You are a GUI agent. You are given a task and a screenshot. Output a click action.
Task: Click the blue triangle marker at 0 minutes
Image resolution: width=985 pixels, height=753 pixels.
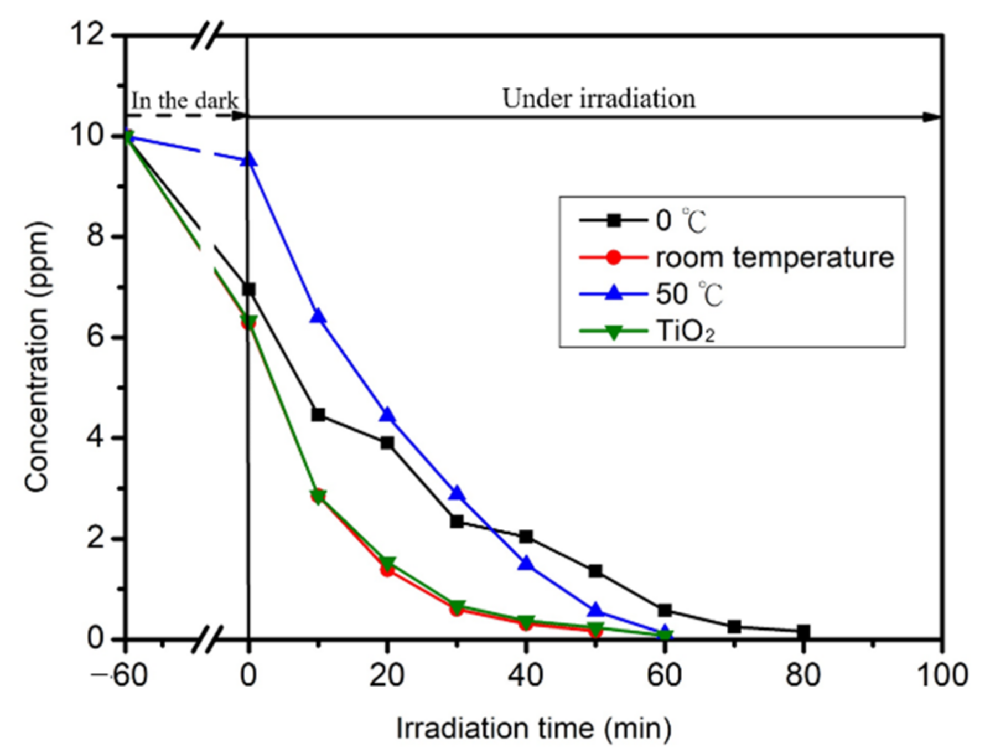coord(249,159)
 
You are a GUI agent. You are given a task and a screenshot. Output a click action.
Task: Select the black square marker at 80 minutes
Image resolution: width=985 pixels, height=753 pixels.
coord(803,631)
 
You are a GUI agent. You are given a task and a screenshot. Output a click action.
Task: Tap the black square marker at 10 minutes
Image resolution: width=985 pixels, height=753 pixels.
coord(318,415)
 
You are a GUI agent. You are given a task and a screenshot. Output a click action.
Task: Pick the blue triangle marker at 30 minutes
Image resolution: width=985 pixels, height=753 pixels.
coord(457,493)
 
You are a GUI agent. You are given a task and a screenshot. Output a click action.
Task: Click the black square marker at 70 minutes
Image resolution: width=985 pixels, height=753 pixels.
coord(734,627)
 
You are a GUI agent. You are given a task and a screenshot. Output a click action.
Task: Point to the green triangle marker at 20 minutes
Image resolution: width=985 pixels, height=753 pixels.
coord(387,564)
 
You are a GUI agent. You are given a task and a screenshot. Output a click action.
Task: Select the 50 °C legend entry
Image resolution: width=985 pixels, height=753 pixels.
coord(689,294)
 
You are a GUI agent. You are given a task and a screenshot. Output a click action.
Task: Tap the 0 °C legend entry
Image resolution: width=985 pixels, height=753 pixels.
coord(681,221)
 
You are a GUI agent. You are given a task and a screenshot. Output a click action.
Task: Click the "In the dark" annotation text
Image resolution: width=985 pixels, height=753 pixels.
coord(184,101)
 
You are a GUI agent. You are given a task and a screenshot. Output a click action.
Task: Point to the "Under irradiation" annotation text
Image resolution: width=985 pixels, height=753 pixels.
coord(599,99)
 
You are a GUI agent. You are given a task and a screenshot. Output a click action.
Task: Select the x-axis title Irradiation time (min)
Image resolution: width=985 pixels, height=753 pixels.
coord(533,728)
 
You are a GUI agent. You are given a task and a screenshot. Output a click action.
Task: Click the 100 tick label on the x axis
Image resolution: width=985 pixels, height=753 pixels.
coord(942,675)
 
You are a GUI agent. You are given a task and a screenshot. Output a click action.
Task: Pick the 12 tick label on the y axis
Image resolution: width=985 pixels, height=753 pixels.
coord(87,34)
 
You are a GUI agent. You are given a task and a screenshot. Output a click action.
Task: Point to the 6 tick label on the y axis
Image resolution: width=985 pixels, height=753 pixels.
coord(95,337)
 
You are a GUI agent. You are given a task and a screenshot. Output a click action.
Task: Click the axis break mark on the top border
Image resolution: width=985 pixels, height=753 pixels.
coord(207,36)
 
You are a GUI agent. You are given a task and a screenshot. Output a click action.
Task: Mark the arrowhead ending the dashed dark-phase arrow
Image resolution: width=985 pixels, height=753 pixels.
coord(240,116)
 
